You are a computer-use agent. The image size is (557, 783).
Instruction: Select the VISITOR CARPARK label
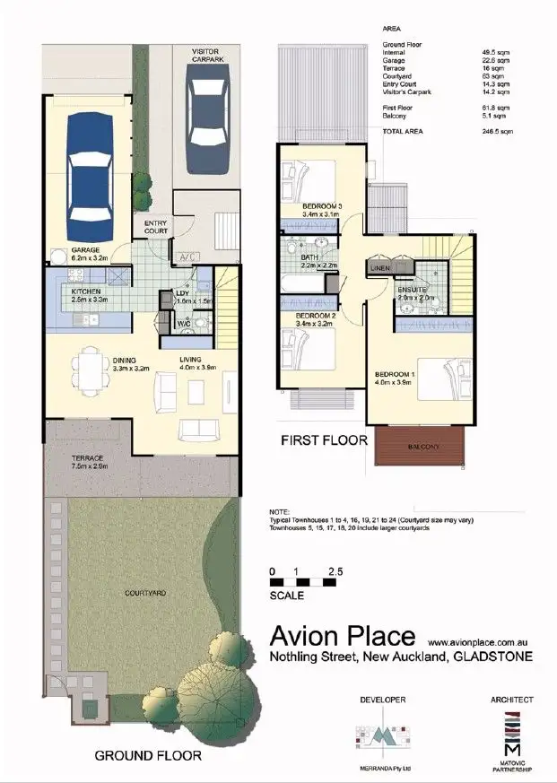coord(207,55)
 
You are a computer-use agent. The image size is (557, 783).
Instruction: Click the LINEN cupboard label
coord(379,268)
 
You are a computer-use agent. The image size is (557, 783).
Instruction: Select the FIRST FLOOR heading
coord(325,439)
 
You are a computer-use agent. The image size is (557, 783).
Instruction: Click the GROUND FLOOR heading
coord(148,755)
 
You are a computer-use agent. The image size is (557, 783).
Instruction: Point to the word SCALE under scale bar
coord(287,595)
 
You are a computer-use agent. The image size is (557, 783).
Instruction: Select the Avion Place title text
coord(343,636)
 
